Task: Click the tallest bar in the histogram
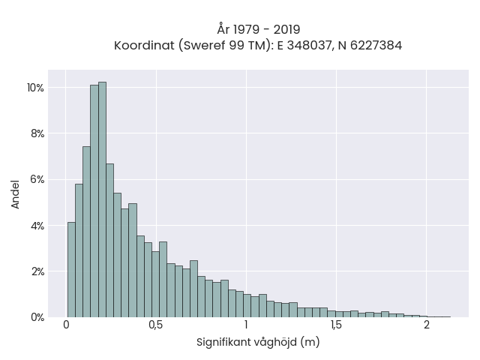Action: (102, 199)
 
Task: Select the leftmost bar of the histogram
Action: (71, 270)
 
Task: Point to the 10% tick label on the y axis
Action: (35, 88)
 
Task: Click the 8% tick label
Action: (37, 133)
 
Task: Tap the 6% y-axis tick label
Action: (37, 180)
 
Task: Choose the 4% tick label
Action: (37, 226)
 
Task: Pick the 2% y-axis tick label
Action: (37, 271)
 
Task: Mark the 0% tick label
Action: (37, 318)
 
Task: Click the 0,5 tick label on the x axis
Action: (156, 325)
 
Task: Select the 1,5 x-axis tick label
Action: (336, 325)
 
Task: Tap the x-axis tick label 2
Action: (427, 325)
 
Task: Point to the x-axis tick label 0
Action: (66, 325)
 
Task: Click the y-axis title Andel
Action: (15, 195)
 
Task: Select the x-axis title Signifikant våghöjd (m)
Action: (258, 342)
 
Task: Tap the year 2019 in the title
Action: (286, 30)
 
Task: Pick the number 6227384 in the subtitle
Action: (376, 46)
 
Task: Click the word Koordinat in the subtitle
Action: (144, 46)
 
